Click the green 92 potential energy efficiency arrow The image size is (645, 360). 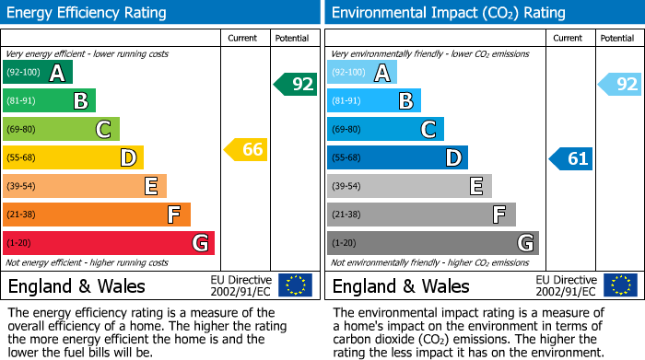click(x=296, y=85)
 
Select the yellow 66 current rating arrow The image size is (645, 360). click(x=247, y=149)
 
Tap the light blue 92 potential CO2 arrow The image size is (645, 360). click(x=620, y=85)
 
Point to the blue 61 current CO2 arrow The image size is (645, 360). click(x=571, y=158)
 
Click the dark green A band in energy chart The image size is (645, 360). click(x=38, y=73)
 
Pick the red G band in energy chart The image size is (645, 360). click(x=109, y=243)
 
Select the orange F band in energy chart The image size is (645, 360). click(x=97, y=215)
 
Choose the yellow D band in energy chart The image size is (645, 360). click(x=73, y=157)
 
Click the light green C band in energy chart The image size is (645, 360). click(x=61, y=129)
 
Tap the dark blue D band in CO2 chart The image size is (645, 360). click(x=397, y=157)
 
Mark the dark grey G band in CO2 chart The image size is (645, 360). click(x=432, y=243)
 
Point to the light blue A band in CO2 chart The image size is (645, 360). click(x=362, y=73)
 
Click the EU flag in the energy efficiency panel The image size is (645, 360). click(x=296, y=285)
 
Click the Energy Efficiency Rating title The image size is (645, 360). click(x=88, y=13)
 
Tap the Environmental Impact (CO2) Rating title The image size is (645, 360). click(x=448, y=13)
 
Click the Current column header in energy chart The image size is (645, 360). click(x=243, y=38)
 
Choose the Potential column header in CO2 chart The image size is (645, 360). click(x=616, y=38)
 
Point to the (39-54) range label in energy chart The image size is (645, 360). click(x=20, y=186)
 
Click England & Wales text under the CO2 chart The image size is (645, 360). click(x=401, y=286)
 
